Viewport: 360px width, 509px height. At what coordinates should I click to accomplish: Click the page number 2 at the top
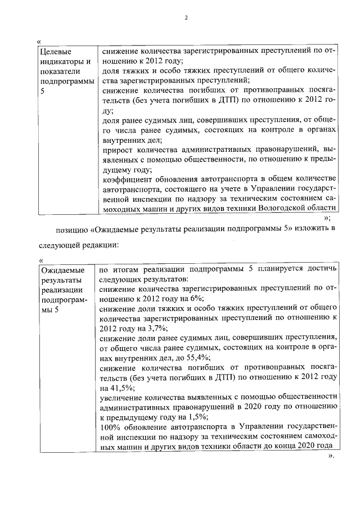[186, 17]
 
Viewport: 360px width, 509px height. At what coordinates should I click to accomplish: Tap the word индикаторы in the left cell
[62, 61]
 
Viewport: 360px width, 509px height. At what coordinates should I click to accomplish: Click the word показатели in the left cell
[61, 71]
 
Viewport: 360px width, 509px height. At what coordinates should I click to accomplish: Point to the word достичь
[322, 269]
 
